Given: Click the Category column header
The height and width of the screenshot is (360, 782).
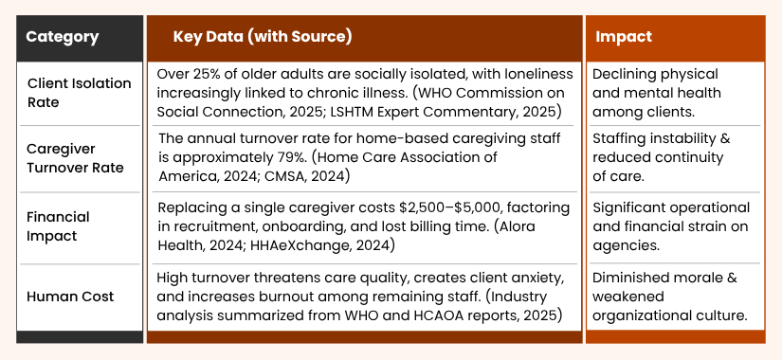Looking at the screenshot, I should point(62,37).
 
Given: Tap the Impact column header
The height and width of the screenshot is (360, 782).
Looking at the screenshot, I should point(623,37).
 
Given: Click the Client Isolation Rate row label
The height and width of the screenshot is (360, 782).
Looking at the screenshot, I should point(80,92).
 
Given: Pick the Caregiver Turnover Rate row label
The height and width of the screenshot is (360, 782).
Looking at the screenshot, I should point(75,158).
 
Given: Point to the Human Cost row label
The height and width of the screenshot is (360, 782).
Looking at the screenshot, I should point(70,297).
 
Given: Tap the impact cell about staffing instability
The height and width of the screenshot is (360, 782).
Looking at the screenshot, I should point(661,158).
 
